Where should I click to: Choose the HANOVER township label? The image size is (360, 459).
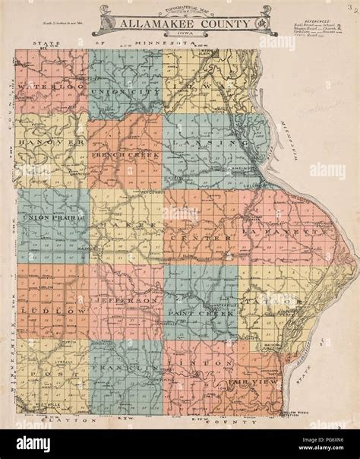pyautogui.click(x=51, y=143)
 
